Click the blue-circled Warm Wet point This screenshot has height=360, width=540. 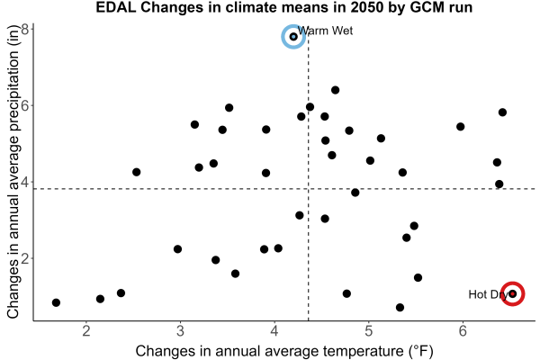point(293,37)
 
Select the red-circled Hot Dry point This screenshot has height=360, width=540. point(512,293)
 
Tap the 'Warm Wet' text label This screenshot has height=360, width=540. point(325,31)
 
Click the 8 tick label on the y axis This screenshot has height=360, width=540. point(25,29)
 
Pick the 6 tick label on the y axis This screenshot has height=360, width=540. point(25,105)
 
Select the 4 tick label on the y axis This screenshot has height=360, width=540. point(25,182)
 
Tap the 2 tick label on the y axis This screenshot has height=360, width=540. point(25,258)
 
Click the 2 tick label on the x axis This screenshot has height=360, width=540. point(86,330)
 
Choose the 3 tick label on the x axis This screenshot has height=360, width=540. point(180,330)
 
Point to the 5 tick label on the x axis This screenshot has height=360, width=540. point(368,330)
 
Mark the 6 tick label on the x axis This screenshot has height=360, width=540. point(463,330)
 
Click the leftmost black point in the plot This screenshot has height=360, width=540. point(56,302)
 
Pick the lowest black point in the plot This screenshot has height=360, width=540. point(400,307)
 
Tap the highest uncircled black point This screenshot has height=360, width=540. point(335,90)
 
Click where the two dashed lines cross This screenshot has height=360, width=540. point(308,189)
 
